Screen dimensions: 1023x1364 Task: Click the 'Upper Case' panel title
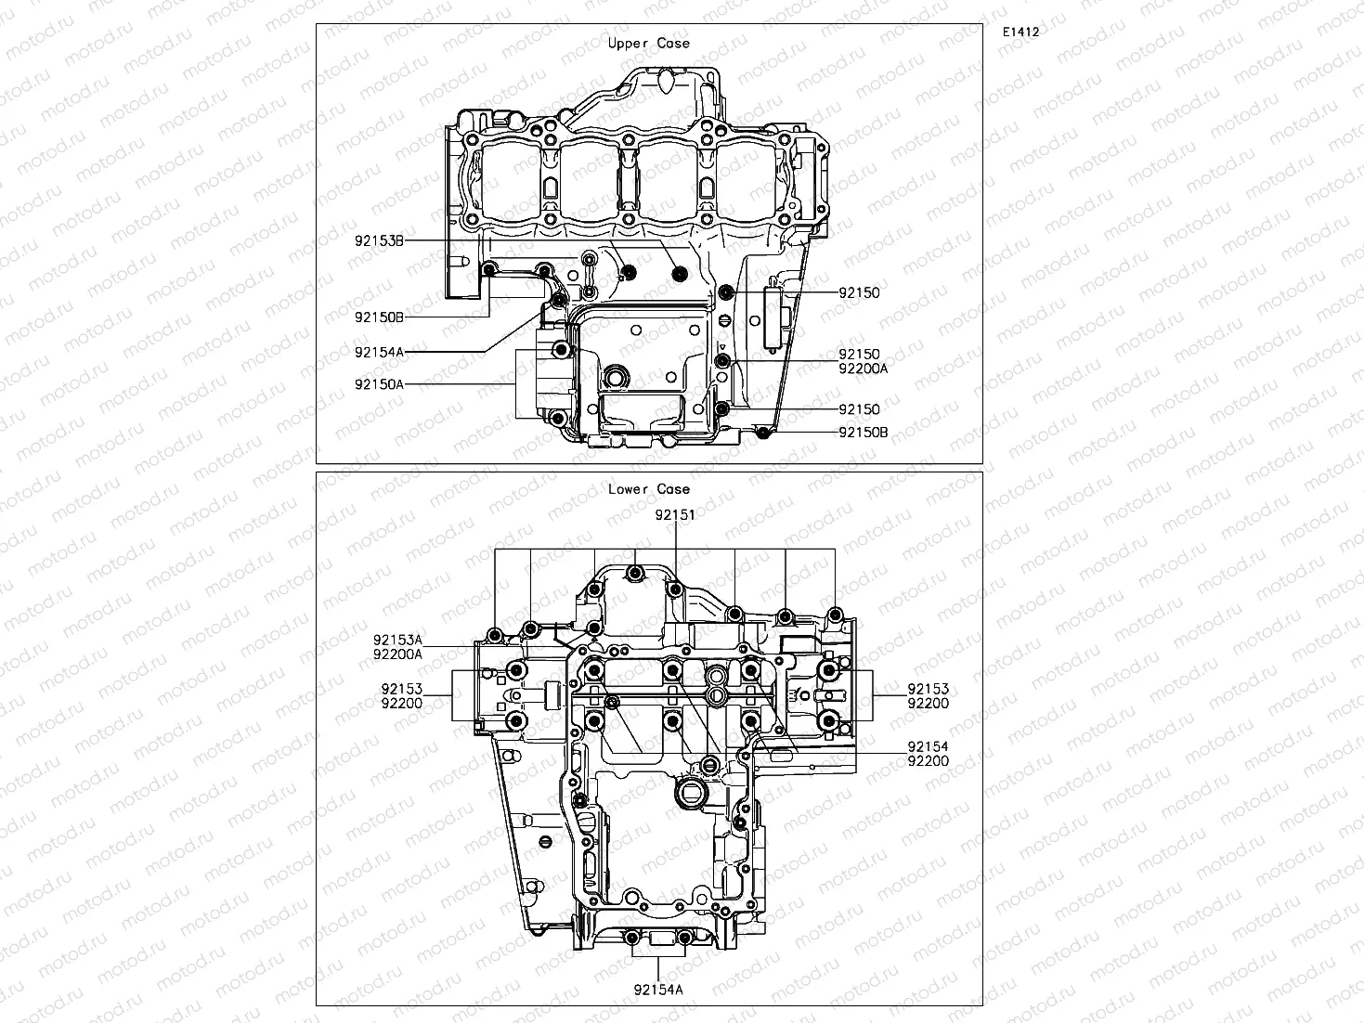(649, 43)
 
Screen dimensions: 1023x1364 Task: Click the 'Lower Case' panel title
(649, 489)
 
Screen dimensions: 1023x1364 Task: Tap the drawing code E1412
(1020, 32)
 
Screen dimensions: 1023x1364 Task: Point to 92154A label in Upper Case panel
(379, 352)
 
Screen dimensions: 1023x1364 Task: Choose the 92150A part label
(379, 383)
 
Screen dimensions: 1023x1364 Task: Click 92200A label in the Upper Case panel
(863, 369)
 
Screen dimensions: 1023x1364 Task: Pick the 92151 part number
(674, 514)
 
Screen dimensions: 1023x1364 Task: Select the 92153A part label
(398, 640)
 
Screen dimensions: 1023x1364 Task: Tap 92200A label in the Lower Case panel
(398, 654)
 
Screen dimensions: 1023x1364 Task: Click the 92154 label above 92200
(928, 746)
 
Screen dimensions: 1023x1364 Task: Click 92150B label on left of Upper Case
(379, 317)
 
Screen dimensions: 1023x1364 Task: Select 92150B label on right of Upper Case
(863, 433)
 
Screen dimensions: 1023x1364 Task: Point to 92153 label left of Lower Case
(401, 689)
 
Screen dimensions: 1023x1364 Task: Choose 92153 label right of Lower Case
(928, 689)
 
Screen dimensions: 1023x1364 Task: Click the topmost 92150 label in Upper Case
(859, 293)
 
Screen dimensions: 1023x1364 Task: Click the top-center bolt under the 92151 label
(635, 574)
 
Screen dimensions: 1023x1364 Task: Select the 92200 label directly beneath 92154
(928, 761)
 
